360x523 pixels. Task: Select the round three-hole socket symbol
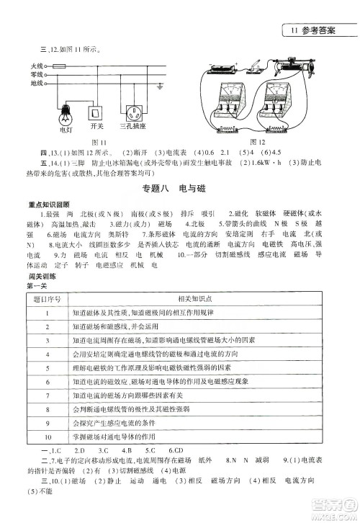134,114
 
